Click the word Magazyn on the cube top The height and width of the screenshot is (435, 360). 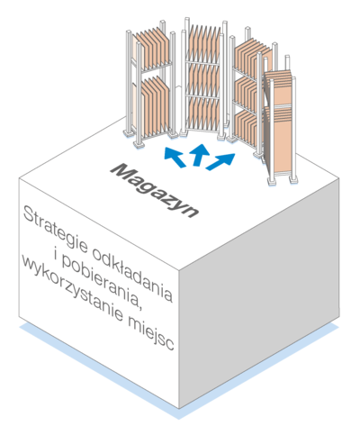(x=154, y=190)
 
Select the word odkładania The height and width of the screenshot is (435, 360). (x=132, y=276)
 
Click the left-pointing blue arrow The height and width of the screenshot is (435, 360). (x=175, y=157)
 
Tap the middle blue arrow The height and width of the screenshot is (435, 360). (x=199, y=154)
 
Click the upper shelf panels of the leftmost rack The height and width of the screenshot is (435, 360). (x=152, y=49)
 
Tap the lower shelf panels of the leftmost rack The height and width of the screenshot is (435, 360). (x=154, y=105)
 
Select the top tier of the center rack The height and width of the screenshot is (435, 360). (x=203, y=43)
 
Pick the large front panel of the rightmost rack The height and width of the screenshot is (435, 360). (x=278, y=142)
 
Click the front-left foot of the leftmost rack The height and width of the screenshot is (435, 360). (x=139, y=145)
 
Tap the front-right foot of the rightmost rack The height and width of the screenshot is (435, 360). (x=293, y=179)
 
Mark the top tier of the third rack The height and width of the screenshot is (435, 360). (x=247, y=59)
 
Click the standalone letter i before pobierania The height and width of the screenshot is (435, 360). (x=56, y=256)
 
